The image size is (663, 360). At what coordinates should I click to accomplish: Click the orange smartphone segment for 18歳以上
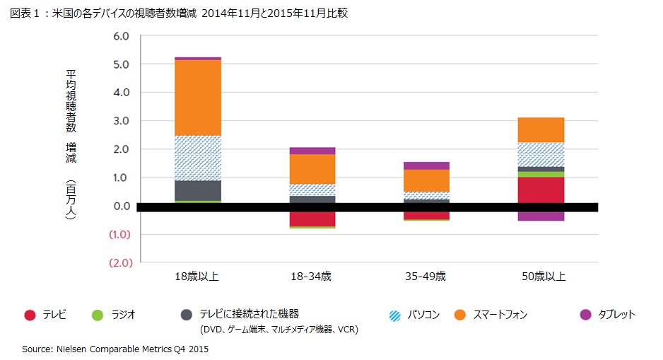coord(197,98)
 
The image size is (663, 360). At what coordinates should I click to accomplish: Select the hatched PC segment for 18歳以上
coord(197,158)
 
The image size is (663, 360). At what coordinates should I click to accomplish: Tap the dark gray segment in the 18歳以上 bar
coord(197,190)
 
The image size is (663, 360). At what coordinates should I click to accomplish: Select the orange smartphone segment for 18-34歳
coord(312,168)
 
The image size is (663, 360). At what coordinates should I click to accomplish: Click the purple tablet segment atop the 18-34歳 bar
coord(312,151)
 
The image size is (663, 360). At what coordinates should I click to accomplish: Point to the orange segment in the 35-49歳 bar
coord(426,180)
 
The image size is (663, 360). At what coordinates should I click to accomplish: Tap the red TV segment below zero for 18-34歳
coord(312,219)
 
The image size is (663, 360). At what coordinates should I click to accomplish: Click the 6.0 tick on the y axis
coord(122,36)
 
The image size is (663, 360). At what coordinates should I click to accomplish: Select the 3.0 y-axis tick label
coord(122,121)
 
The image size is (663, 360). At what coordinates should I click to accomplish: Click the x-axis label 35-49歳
coord(426,277)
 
